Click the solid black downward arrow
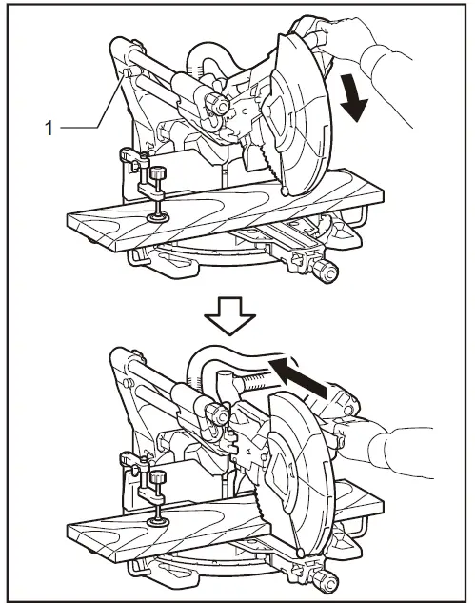(354, 99)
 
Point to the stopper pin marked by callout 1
(123, 73)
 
